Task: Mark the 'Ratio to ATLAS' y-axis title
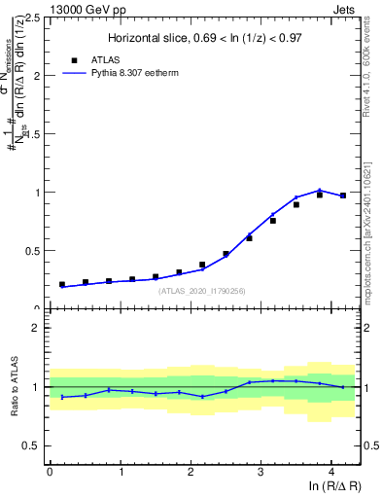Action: (x=15, y=387)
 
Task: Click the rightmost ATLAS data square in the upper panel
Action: (x=343, y=196)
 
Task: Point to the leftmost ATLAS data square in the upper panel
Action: (x=62, y=285)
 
